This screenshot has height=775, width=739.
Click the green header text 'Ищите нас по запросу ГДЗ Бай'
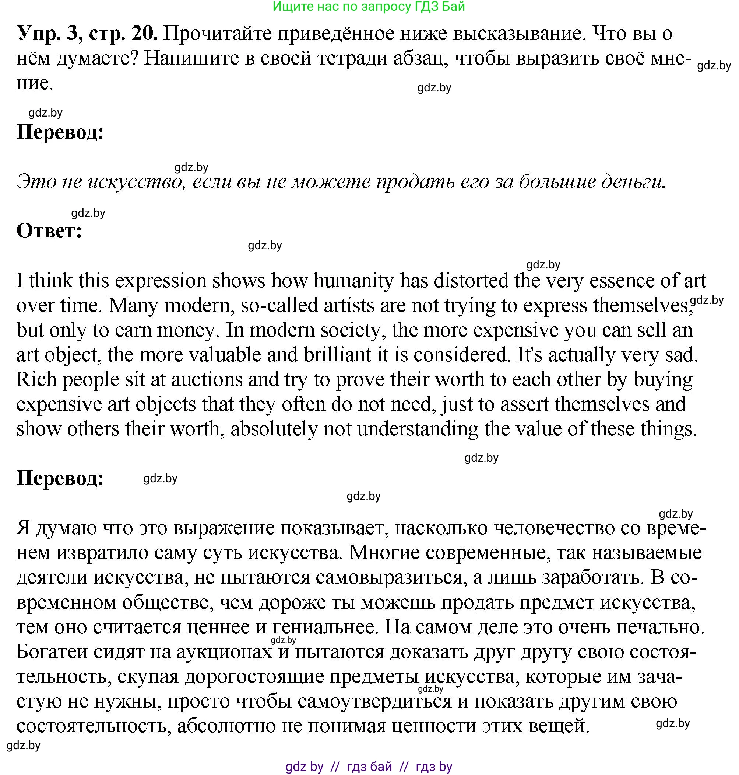point(369,6)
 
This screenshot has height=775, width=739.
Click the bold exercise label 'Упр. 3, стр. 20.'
point(88,34)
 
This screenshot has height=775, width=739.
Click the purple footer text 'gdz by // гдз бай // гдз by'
point(369,766)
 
